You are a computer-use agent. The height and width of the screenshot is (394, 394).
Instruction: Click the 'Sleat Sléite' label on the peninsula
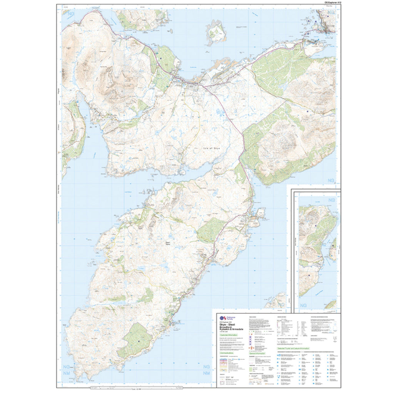[x=167, y=243]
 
